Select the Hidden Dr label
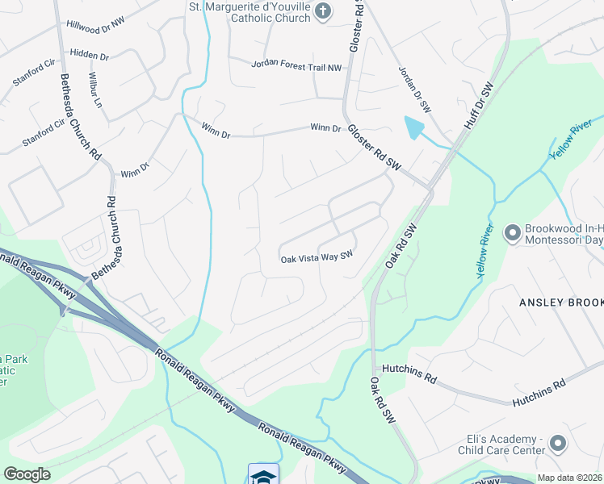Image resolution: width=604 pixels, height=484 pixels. point(90,55)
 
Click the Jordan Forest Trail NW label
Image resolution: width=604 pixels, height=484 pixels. point(296,65)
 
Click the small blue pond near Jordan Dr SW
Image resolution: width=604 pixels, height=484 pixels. point(413,127)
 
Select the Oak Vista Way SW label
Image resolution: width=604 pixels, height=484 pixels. point(317,259)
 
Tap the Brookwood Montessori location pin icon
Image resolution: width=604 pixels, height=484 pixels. point(511,234)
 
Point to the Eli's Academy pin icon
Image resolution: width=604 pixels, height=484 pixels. point(557,443)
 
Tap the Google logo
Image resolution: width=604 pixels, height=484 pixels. point(27,474)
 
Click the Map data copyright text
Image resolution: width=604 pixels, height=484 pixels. point(570,478)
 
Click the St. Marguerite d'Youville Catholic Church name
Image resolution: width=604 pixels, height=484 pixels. point(250,11)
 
